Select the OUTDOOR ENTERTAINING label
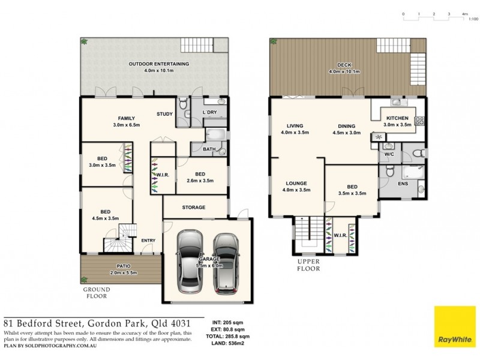158,64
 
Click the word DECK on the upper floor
344,65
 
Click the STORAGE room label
193,208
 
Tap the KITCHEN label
398,118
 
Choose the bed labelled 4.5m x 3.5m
105,212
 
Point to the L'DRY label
209,113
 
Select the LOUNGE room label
296,183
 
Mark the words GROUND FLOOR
95,292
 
